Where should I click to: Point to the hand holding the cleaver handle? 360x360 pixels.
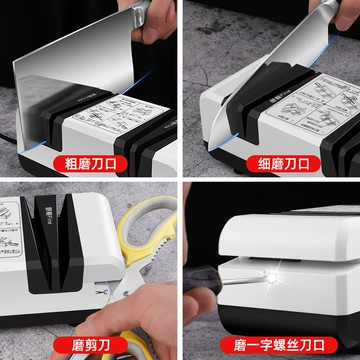150,30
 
